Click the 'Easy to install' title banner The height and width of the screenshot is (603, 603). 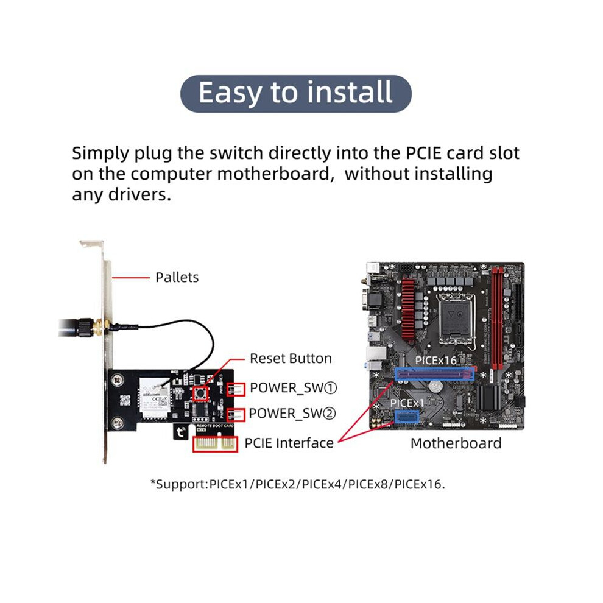click(296, 93)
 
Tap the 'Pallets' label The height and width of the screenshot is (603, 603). click(177, 277)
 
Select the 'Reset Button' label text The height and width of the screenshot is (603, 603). click(291, 358)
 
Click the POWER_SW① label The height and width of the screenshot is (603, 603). click(294, 388)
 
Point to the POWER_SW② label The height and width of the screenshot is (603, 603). click(292, 414)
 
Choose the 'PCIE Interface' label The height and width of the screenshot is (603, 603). click(289, 443)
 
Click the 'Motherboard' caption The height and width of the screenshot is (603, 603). click(456, 443)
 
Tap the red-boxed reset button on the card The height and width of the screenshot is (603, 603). click(200, 394)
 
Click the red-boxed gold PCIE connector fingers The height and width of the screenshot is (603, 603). click(216, 444)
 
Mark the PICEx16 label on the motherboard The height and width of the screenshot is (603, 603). click(435, 361)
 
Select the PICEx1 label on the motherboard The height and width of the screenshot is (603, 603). click(407, 403)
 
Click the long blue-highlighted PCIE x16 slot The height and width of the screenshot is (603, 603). click(434, 374)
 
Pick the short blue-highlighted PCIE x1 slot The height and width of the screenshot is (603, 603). click(406, 416)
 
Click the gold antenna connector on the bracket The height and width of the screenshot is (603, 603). click(97, 327)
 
